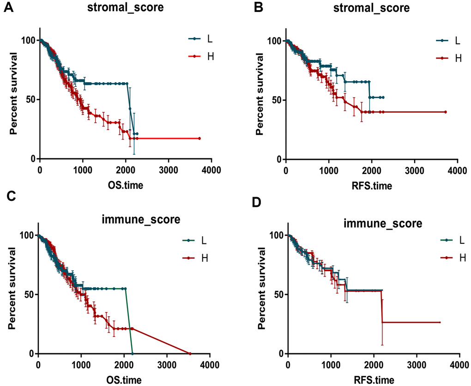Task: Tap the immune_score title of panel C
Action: [x=140, y=219]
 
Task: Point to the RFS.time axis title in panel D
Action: [x=374, y=380]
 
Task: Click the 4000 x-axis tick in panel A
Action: [x=211, y=169]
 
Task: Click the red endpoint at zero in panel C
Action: [x=190, y=354]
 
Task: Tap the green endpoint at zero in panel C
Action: [x=133, y=354]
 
